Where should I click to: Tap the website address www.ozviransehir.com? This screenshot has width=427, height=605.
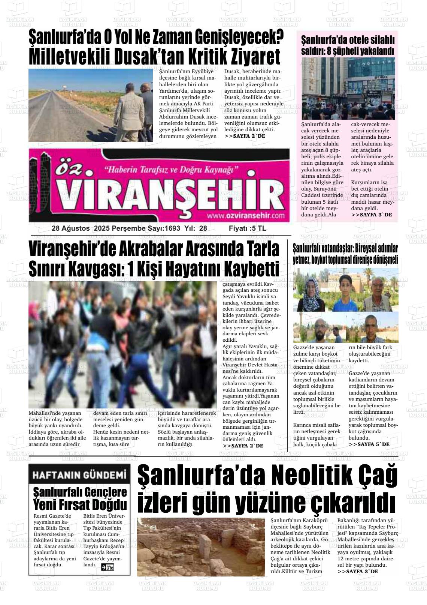[x=245, y=216]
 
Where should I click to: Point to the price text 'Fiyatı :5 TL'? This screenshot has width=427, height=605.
[x=248, y=228]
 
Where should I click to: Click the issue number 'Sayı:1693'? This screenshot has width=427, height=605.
[x=164, y=228]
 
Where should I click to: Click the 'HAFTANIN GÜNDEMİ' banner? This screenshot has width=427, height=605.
[x=79, y=475]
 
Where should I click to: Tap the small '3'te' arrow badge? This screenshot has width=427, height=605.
[x=107, y=567]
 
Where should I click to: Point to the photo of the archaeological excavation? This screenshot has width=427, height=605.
[x=201, y=546]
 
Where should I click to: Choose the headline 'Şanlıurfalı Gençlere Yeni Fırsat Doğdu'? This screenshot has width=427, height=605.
[x=80, y=498]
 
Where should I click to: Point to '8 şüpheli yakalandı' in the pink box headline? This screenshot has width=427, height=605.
[x=361, y=51]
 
